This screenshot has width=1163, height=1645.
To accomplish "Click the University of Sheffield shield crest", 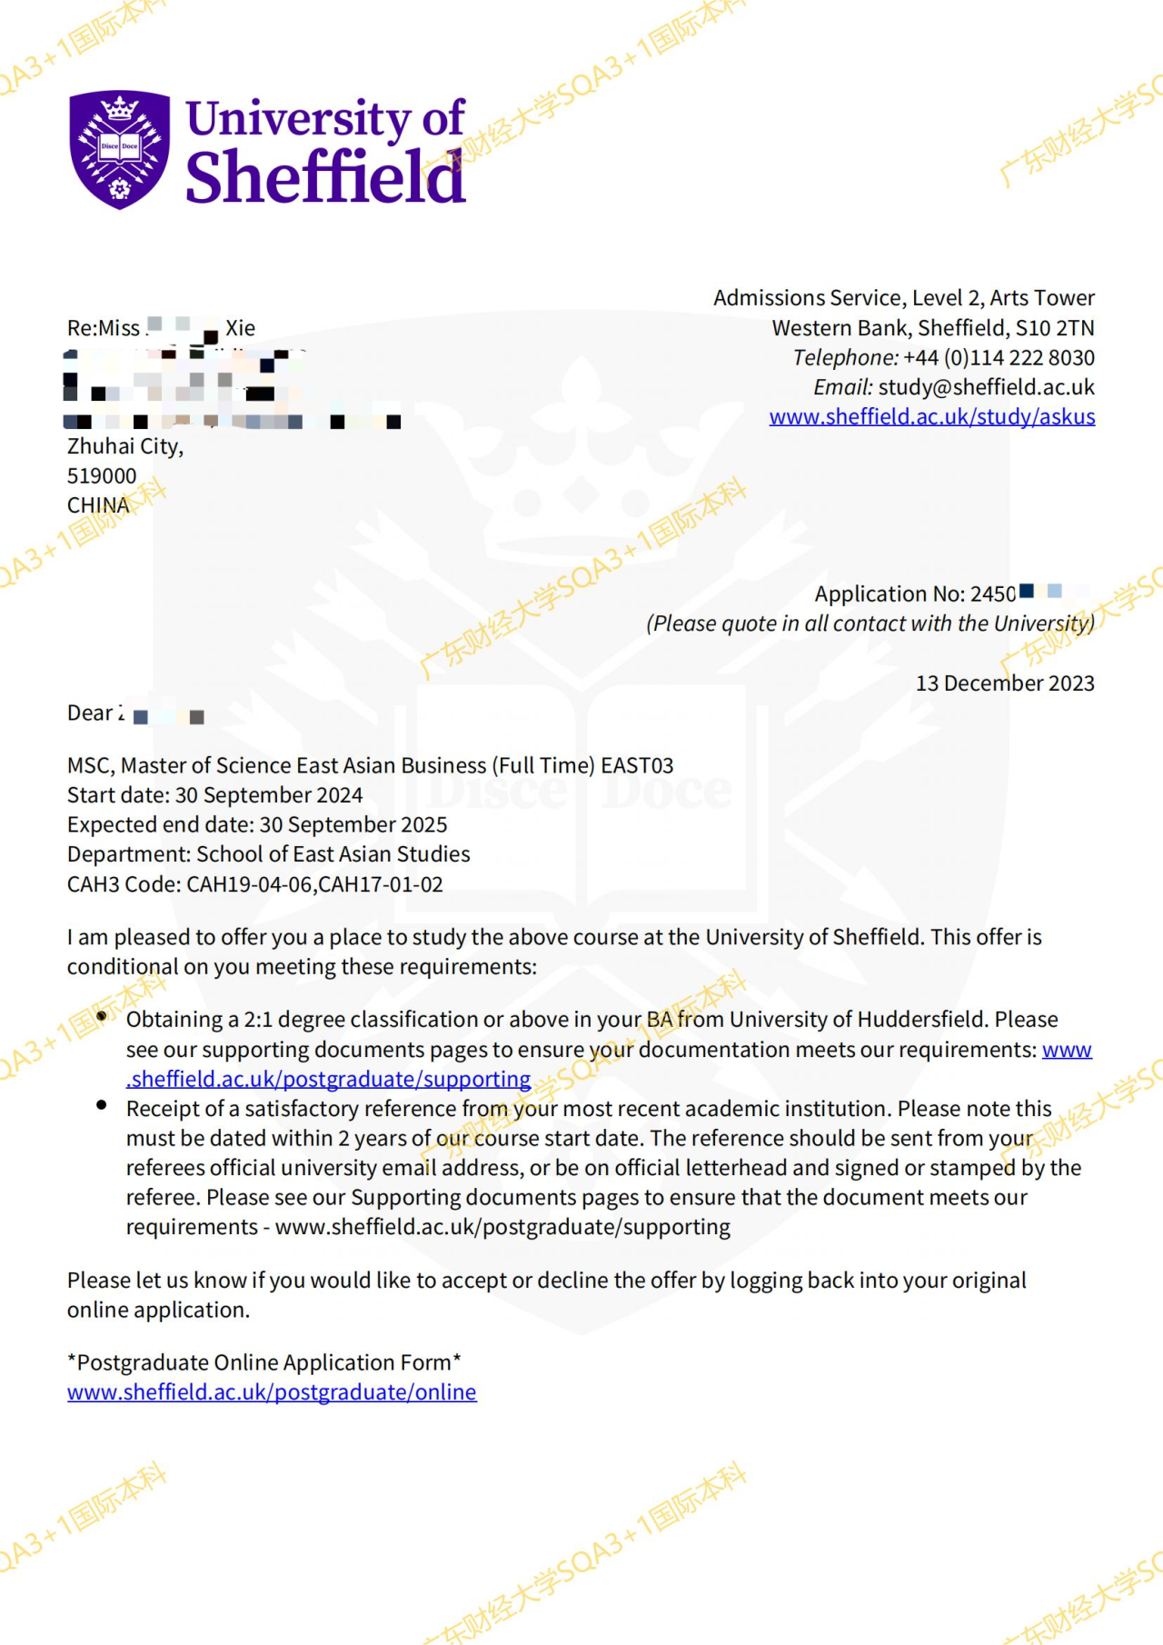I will [119, 149].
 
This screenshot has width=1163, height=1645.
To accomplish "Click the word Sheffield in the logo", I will [325, 177].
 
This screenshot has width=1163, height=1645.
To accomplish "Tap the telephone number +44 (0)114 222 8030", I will [999, 358].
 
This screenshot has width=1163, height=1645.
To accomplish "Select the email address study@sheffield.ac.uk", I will [986, 388].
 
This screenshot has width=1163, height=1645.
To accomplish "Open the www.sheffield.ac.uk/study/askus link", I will [931, 417].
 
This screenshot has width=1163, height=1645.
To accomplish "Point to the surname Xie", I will [241, 328].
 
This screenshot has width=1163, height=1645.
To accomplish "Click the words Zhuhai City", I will [124, 446].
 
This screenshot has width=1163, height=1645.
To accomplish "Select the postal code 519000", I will [102, 476].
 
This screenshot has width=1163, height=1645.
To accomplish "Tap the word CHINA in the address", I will [98, 505].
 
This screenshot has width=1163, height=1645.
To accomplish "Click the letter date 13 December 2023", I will [1004, 683].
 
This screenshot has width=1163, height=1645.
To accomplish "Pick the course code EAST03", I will [637, 766].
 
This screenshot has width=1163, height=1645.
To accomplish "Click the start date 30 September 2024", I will [269, 795].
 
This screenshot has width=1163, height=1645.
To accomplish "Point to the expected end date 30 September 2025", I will [353, 825].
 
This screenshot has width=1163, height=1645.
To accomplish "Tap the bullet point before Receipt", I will [102, 1106].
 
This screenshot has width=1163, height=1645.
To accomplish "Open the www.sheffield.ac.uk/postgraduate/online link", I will [272, 1392].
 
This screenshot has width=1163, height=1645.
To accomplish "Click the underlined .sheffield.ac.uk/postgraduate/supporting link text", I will [328, 1080].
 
